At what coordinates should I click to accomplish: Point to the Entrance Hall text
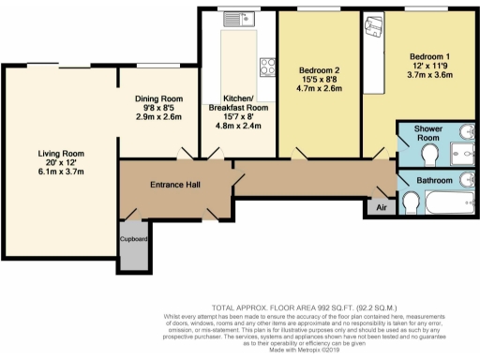tap(175, 185)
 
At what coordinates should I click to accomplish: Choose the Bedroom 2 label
tap(319, 71)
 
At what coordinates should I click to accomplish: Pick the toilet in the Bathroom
tap(410, 202)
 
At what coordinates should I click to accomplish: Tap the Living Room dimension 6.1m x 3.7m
tap(62, 172)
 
